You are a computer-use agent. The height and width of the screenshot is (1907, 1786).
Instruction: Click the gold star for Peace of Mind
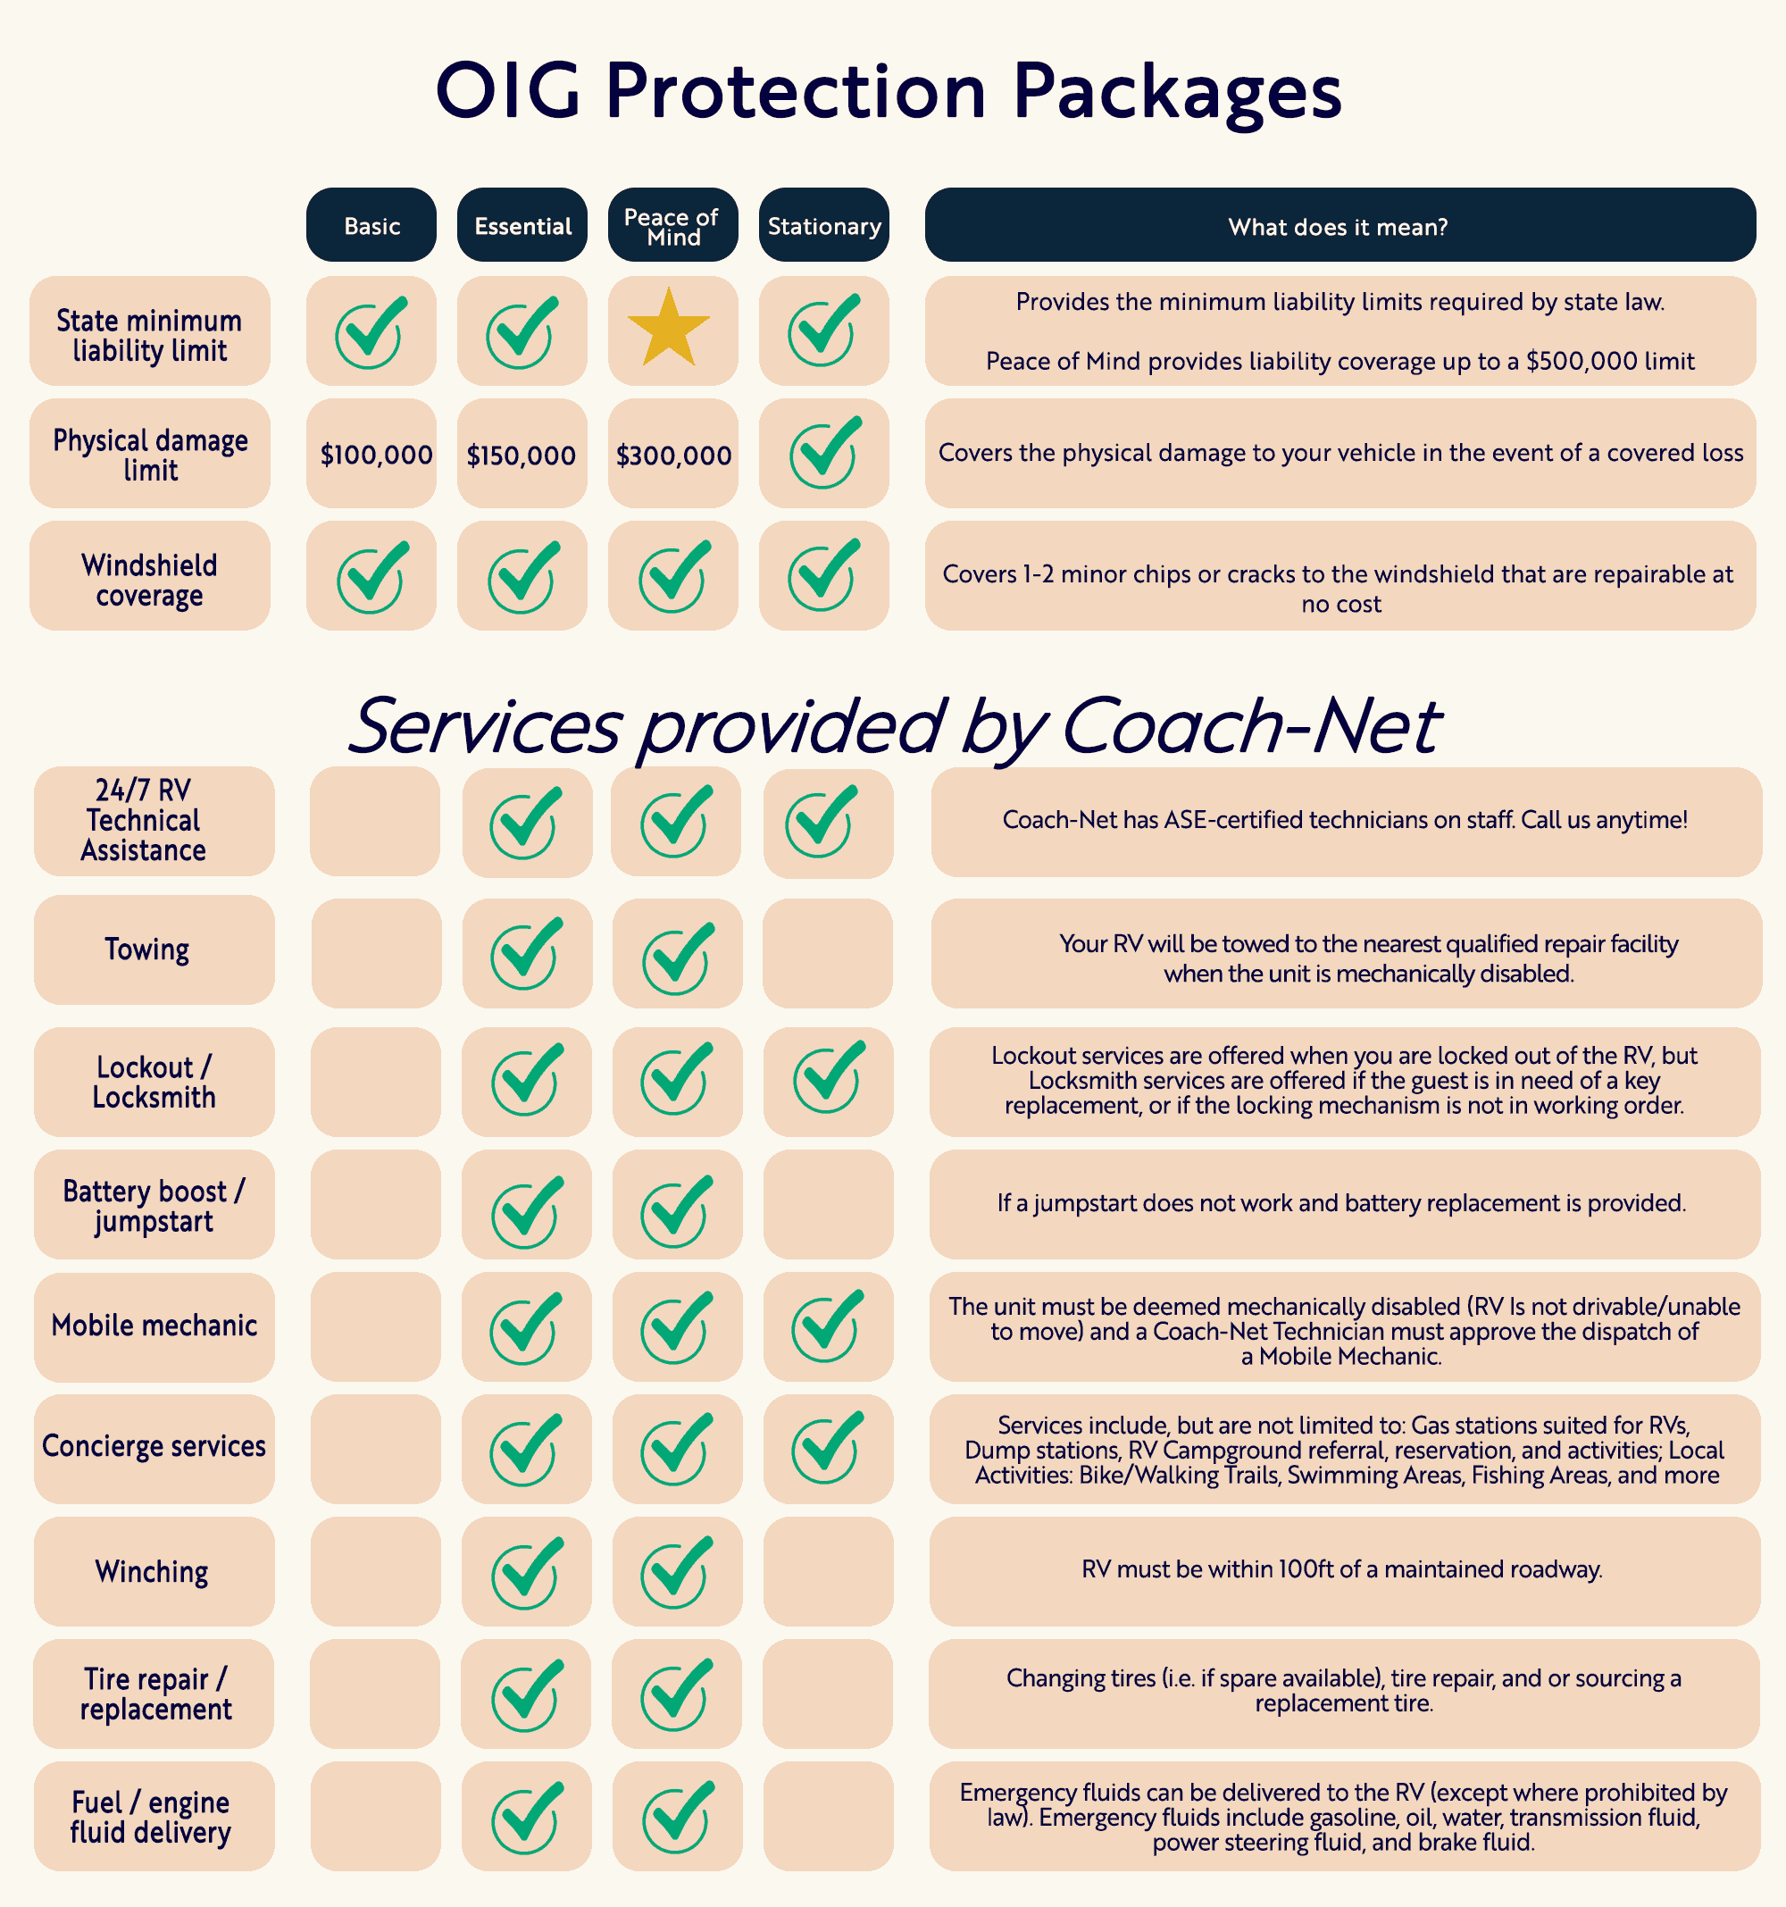pos(669,329)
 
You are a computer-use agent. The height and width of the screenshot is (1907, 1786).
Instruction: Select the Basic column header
pos(371,226)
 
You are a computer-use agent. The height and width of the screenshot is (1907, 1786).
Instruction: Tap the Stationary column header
pos(824,226)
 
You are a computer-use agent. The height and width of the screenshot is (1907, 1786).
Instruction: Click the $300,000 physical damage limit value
pos(673,455)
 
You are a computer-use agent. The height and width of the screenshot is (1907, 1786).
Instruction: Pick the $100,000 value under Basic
pos(376,455)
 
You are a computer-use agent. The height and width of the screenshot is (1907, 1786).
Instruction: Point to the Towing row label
pos(147,949)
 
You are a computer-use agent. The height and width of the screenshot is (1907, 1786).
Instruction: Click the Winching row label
pos(152,1571)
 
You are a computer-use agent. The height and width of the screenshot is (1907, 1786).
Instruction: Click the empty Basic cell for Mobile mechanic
pos(375,1326)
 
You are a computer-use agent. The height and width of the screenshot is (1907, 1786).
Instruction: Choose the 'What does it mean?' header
pos(1338,226)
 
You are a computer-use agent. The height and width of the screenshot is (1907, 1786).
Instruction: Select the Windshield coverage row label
pos(150,580)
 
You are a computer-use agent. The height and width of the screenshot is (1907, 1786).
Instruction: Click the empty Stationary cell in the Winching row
pos(828,1571)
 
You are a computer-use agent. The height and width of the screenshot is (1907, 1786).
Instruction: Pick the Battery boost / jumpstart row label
pos(154,1206)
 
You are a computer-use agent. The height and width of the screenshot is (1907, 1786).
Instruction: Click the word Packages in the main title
pos(1176,92)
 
